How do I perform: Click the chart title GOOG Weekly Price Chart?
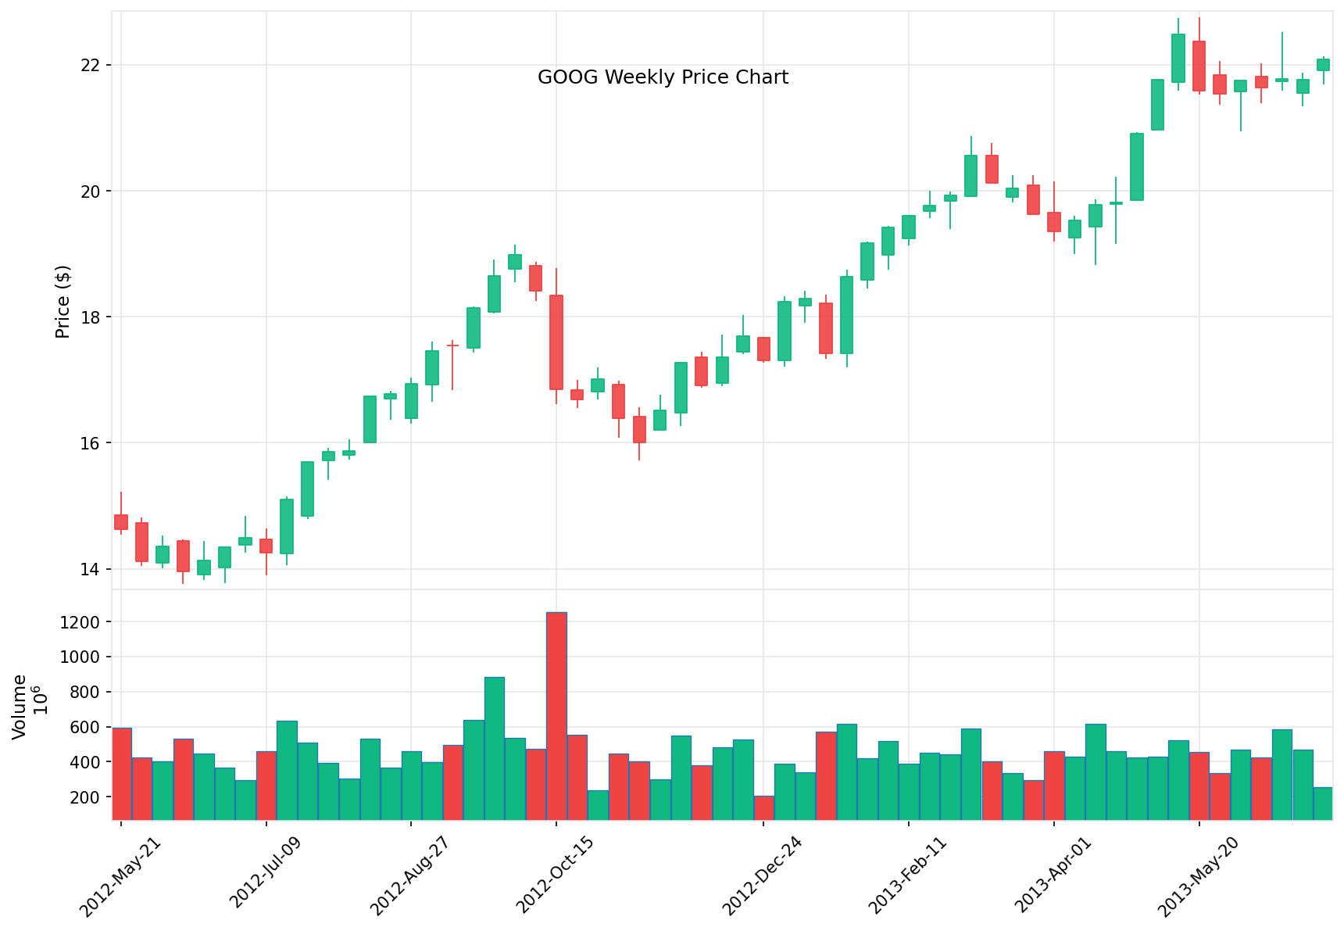(x=663, y=77)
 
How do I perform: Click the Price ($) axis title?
(x=63, y=302)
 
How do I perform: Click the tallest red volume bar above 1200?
(x=556, y=715)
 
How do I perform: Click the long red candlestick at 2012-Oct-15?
(x=556, y=342)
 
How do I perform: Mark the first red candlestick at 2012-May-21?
(x=121, y=522)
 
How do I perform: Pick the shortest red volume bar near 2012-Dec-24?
(x=763, y=807)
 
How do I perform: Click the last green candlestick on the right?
(x=1323, y=65)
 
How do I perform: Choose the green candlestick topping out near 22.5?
(x=1178, y=59)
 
